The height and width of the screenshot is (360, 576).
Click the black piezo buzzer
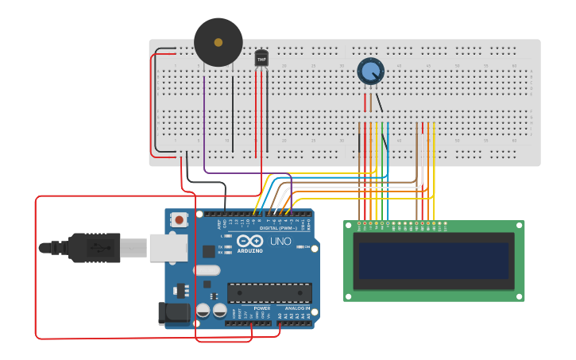click(218, 42)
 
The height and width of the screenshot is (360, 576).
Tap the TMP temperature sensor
click(261, 58)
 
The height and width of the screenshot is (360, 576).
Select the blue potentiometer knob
click(370, 72)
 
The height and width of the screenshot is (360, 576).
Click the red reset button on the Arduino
click(180, 219)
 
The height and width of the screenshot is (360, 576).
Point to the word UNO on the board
click(281, 241)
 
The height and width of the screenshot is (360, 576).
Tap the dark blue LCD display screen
click(433, 261)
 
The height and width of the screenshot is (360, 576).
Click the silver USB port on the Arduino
click(166, 247)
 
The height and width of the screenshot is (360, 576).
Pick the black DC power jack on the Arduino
click(172, 314)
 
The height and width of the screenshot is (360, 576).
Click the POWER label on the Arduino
click(261, 308)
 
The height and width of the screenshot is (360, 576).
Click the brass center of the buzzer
click(218, 41)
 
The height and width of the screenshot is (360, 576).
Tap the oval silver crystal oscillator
click(205, 270)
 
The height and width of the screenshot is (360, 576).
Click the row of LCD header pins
click(401, 224)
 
